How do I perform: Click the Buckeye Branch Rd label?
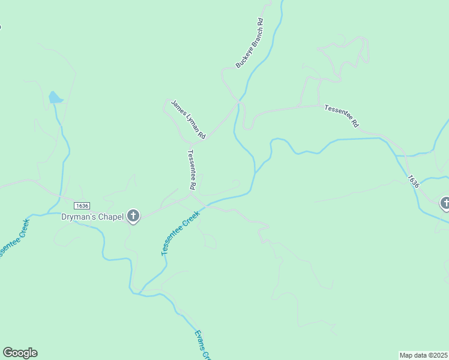(250, 44)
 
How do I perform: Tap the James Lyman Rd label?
(188, 119)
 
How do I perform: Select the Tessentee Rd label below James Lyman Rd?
(192, 170)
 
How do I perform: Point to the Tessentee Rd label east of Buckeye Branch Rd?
(342, 116)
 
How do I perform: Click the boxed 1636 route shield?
(82, 206)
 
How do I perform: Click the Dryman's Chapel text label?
(92, 217)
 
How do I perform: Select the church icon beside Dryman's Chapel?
(133, 216)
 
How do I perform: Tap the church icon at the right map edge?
(445, 203)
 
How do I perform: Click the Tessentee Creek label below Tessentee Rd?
(181, 233)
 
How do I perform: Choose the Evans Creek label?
(203, 344)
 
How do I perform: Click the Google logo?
(20, 353)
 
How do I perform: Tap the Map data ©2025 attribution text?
(423, 355)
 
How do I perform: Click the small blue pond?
(55, 97)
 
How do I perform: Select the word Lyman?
(190, 122)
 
